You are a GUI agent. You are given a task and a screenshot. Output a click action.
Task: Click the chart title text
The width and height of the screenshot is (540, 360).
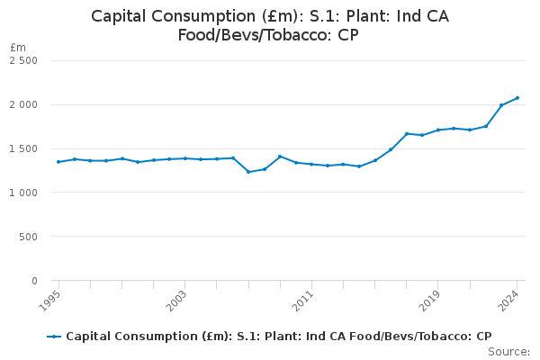pyautogui.click(x=270, y=26)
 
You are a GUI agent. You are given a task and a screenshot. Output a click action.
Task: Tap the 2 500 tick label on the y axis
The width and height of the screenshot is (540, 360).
pyautogui.click(x=23, y=60)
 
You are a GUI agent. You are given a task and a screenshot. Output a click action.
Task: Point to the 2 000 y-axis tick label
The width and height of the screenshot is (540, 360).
pyautogui.click(x=23, y=104)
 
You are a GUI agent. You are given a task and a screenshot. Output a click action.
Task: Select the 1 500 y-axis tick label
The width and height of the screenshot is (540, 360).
pyautogui.click(x=23, y=148)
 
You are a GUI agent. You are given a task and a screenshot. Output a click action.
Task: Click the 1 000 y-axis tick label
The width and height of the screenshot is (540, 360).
pyautogui.click(x=23, y=193)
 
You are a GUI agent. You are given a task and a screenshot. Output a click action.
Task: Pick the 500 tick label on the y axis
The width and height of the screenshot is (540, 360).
pyautogui.click(x=29, y=237)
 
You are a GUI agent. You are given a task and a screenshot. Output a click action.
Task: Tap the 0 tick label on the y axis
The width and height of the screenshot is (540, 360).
pyautogui.click(x=34, y=281)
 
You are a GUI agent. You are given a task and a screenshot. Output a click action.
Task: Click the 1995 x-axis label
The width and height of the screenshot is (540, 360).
pyautogui.click(x=52, y=298)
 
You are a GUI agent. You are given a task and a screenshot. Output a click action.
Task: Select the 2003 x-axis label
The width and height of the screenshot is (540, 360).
pyautogui.click(x=178, y=298)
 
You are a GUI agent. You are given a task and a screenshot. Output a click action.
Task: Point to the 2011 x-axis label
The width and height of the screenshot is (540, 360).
pyautogui.click(x=305, y=298)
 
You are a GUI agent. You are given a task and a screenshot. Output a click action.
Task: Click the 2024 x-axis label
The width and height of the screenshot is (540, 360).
pyautogui.click(x=510, y=298)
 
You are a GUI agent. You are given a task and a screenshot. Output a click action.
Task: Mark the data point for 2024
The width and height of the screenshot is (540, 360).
pyautogui.click(x=517, y=98)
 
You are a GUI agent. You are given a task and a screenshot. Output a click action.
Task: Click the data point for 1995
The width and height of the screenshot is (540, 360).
pyautogui.click(x=58, y=162)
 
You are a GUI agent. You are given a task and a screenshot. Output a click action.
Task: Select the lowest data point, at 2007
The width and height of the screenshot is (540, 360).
pyautogui.click(x=248, y=172)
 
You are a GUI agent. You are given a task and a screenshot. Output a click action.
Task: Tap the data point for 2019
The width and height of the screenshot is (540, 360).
pyautogui.click(x=438, y=130)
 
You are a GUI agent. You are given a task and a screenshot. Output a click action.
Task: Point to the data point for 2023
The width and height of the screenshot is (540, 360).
pyautogui.click(x=501, y=105)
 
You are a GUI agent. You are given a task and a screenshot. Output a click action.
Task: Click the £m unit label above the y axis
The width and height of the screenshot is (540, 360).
pyautogui.click(x=18, y=47)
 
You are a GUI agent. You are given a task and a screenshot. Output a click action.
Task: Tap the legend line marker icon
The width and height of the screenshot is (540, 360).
pyautogui.click(x=54, y=337)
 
